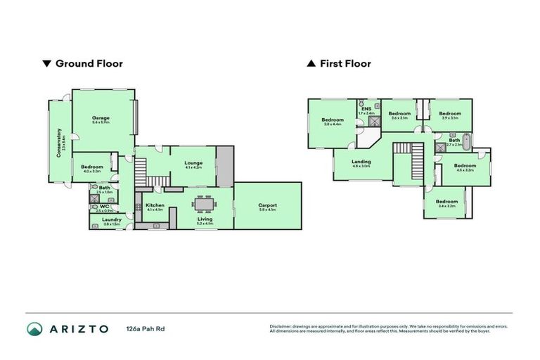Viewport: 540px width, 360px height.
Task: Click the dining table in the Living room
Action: (x=205, y=205)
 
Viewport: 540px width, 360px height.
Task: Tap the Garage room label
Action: (x=101, y=118)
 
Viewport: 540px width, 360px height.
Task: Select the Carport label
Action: (x=267, y=205)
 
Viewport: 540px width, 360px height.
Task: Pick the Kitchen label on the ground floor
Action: (x=155, y=205)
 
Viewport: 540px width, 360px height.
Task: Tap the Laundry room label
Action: (x=111, y=219)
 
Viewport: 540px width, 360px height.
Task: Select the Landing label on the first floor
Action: (x=361, y=162)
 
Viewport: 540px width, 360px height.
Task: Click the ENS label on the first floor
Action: (x=366, y=109)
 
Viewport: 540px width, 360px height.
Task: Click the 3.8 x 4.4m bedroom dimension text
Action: (x=333, y=124)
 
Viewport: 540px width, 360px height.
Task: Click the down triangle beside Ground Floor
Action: (x=47, y=64)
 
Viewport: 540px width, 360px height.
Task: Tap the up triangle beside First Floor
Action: (x=311, y=64)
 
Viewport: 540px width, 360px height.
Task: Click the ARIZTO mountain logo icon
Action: (x=35, y=328)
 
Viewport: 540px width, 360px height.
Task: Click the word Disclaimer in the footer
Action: (x=282, y=326)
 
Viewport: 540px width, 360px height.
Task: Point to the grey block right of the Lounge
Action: (x=224, y=166)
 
